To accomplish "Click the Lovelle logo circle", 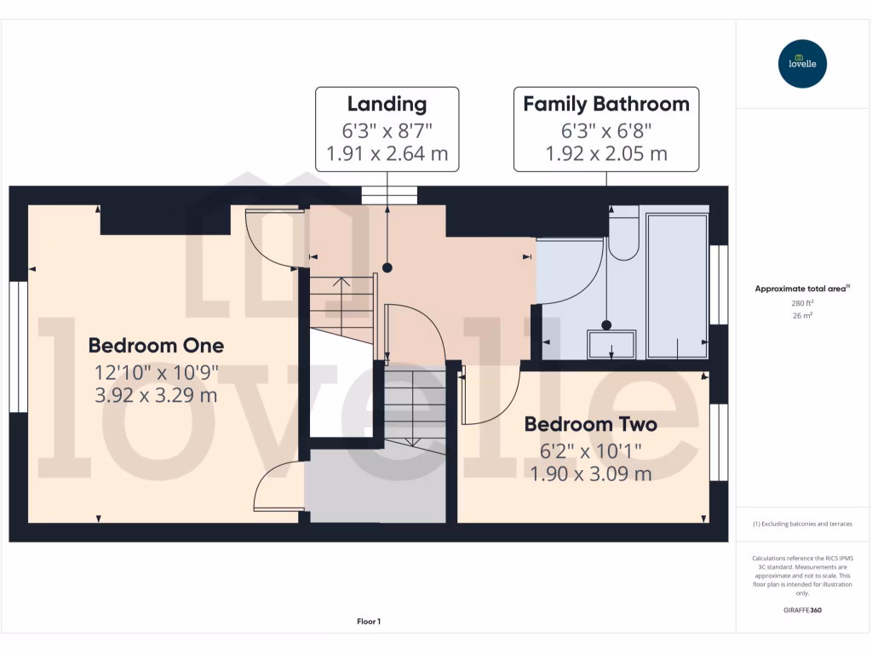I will point(802,64).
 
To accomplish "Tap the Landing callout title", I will point(387,105).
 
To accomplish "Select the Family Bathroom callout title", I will point(605,105).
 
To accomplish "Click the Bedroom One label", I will point(156,346).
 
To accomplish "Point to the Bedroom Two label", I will point(590,424).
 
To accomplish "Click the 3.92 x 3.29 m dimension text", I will point(156,395).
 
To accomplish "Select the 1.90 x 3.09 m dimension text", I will point(591,473).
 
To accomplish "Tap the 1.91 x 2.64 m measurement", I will point(387,154).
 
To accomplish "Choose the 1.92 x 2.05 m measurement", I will point(605,154).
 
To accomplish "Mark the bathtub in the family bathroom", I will point(677,284).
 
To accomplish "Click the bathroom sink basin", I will point(611,344).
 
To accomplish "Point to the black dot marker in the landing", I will point(387,267).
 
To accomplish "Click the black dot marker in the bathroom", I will point(606,324).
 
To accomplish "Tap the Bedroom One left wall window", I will point(19,346).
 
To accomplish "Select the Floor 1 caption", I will point(369,622).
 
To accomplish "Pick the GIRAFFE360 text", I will point(802,611).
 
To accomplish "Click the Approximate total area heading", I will point(802,289).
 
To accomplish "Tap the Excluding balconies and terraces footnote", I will point(802,524).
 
